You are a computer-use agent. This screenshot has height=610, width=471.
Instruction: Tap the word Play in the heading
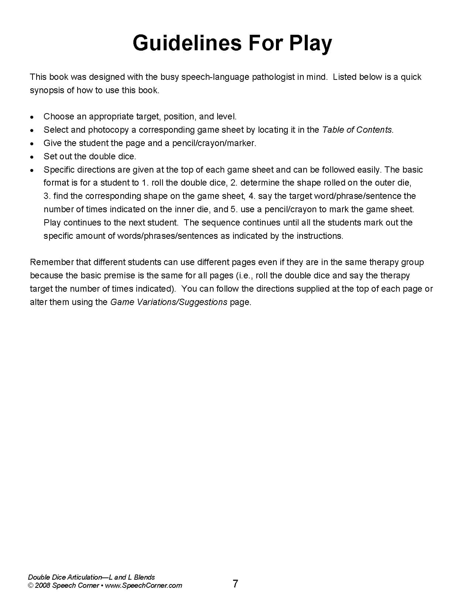[310, 43]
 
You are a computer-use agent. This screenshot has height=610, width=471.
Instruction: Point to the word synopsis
[47, 90]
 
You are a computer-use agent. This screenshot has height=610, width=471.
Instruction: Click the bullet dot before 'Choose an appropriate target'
[33, 117]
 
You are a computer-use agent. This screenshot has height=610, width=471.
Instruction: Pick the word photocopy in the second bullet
[109, 130]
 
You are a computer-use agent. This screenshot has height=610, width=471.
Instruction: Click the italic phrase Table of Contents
[357, 130]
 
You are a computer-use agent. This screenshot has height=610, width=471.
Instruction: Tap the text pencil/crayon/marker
[214, 143]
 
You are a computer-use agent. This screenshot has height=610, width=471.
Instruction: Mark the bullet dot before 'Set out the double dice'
[33, 157]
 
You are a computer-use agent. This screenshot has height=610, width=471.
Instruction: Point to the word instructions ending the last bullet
[320, 236]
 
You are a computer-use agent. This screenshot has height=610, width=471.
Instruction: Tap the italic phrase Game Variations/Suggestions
[169, 302]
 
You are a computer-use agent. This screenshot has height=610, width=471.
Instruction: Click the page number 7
[235, 584]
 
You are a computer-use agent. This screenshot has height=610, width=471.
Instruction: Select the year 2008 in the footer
[42, 586]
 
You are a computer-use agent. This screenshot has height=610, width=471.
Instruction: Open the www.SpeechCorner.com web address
[143, 586]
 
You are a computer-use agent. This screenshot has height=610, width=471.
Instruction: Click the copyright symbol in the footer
[31, 586]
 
